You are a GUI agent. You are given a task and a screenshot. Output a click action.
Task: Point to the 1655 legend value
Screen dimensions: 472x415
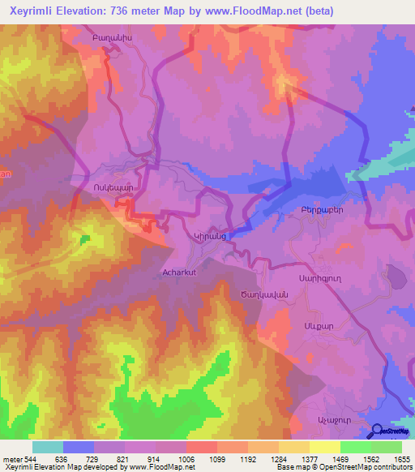pyautogui.click(x=401, y=458)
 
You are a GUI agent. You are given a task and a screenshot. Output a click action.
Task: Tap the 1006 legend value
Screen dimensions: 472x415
pyautogui.click(x=186, y=458)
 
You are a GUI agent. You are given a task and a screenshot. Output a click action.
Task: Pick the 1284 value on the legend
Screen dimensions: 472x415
pyautogui.click(x=278, y=458)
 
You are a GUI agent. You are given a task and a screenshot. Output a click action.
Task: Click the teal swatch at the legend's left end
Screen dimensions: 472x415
pyautogui.click(x=48, y=447)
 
